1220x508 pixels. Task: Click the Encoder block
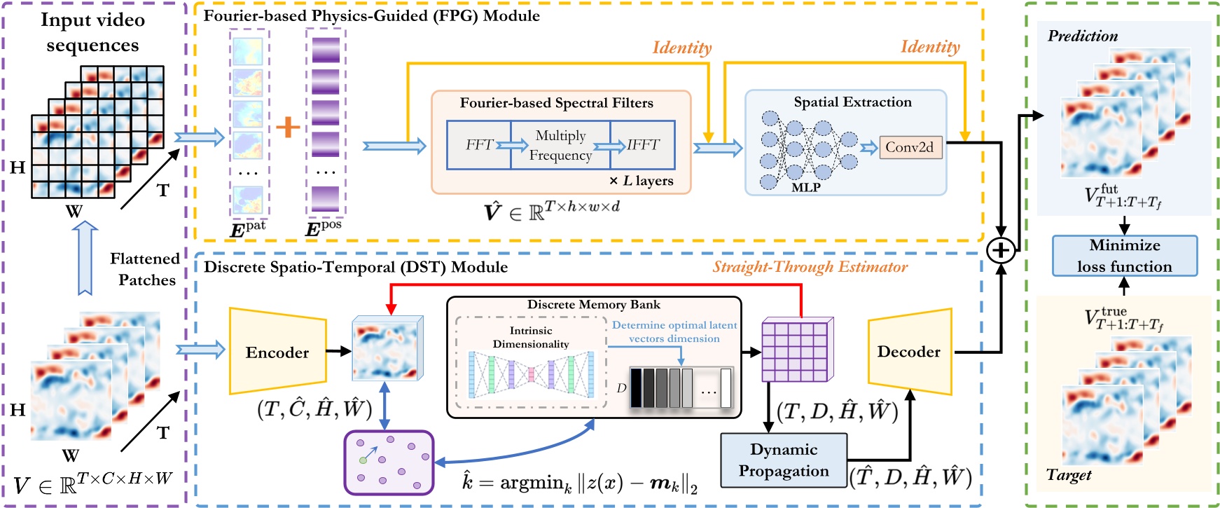point(277,352)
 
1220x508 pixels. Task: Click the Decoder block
point(909,352)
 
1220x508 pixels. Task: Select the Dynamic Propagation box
point(784,460)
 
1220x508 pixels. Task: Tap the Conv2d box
point(910,147)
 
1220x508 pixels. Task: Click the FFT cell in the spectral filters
point(479,145)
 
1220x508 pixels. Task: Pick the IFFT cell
point(643,145)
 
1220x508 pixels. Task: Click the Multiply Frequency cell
point(560,145)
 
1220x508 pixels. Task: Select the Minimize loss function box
point(1124,256)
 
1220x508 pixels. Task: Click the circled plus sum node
point(1001,250)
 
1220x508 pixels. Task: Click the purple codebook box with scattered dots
point(389,462)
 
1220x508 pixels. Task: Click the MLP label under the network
point(805,188)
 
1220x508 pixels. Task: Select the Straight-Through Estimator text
point(810,267)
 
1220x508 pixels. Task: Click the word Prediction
point(1082,36)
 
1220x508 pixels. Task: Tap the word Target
point(1069,475)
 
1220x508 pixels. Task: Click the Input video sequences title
point(92,32)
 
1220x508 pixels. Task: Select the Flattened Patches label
point(145,269)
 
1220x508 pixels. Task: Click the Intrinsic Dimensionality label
point(531,337)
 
